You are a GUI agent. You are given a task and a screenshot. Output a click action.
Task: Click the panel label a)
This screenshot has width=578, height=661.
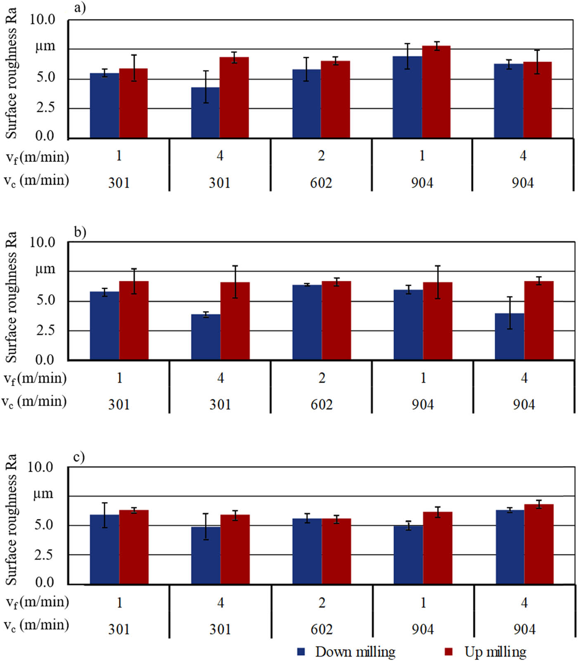[80, 8]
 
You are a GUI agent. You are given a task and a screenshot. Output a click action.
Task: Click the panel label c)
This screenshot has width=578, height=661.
[79, 457]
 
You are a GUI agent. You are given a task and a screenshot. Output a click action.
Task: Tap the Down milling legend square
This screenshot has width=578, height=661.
[301, 652]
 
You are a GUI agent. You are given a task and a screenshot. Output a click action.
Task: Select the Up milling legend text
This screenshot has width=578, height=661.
[495, 652]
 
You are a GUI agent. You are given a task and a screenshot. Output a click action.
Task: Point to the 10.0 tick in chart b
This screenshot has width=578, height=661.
[42, 242]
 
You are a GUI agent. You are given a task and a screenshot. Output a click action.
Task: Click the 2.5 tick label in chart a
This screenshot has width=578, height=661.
[45, 108]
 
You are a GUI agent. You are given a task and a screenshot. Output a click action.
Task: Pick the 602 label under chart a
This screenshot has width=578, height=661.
[321, 182]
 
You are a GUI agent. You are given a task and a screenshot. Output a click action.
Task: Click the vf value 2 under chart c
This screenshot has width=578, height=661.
[322, 603]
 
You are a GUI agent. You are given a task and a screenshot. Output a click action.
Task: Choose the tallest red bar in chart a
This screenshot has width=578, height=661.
[436, 92]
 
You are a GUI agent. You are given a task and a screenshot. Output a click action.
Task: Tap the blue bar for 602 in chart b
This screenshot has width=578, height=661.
[307, 322]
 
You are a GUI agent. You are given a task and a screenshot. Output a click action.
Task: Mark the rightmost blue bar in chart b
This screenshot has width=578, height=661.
[509, 337]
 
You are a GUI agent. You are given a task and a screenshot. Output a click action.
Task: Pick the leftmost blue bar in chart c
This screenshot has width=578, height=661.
[104, 549]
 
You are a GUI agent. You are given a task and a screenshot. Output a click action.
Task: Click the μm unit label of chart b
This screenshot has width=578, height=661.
[45, 269]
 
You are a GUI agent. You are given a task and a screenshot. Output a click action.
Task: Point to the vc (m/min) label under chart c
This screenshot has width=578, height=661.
[36, 625]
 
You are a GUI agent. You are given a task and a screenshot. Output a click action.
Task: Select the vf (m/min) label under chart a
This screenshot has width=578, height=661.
[36, 157]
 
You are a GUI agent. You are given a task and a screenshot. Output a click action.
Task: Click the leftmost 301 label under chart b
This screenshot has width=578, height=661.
[119, 404]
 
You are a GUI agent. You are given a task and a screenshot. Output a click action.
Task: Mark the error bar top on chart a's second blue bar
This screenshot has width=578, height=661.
[205, 71]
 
